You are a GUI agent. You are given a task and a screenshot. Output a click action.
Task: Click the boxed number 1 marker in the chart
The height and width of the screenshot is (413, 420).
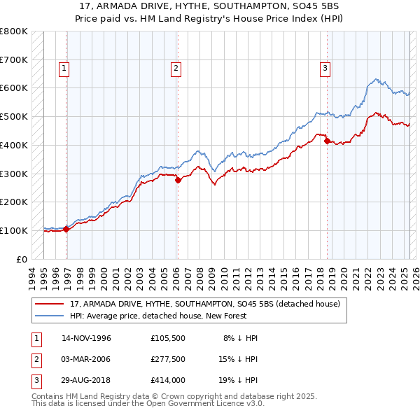(x=64, y=68)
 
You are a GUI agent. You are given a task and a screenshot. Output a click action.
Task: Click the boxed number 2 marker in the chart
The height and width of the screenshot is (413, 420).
(x=175, y=68)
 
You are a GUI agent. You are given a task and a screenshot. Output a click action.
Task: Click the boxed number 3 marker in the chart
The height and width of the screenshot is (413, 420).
(x=325, y=68)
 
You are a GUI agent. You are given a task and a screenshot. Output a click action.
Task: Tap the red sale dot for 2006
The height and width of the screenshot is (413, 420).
(x=178, y=180)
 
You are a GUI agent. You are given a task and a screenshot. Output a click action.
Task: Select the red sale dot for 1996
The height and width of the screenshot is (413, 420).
(x=66, y=229)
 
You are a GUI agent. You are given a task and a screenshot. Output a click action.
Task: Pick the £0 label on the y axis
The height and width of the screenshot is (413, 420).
(x=22, y=259)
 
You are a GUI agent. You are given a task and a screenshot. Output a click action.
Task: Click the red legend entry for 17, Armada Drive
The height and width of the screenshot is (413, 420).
(x=204, y=303)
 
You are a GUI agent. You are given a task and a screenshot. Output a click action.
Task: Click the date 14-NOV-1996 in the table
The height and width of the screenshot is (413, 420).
(x=87, y=338)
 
